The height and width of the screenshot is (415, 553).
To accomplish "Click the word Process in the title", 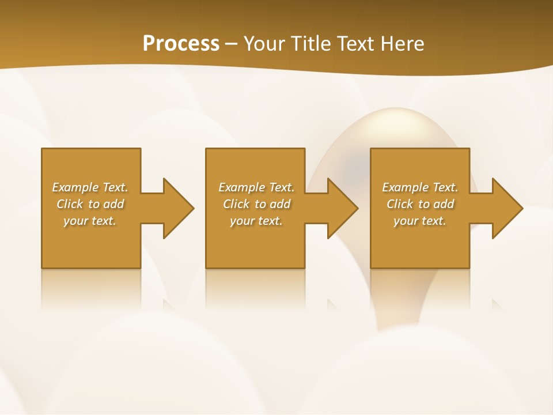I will [181, 44].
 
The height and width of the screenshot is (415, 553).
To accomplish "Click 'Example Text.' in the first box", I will [90, 187].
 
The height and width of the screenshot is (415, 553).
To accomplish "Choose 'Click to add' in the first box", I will [90, 204].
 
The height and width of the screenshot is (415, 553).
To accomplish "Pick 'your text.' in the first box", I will [90, 221].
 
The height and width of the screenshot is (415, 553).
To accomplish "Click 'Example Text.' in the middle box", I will [256, 187].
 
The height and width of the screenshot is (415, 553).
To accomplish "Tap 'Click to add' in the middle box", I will [256, 204].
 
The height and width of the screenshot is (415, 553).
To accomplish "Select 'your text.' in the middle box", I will [256, 221].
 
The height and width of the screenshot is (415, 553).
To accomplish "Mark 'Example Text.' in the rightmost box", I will [420, 187].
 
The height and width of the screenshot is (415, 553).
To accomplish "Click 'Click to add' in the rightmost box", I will [420, 204].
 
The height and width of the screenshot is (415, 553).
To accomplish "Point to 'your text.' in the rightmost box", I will [420, 221].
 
